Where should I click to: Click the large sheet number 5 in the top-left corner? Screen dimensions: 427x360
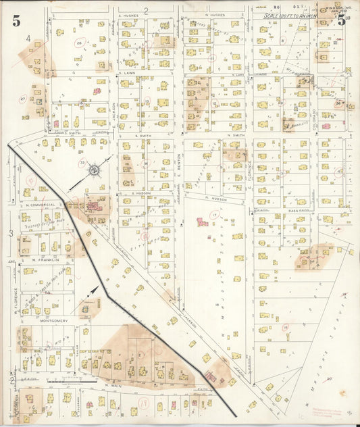pos(16,20)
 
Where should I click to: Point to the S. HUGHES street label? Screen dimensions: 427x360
pos(128,14)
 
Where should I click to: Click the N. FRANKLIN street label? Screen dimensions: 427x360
pos(45,259)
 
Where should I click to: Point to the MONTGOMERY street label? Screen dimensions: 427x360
pos(55,321)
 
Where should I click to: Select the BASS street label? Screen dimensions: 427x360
pos(292,211)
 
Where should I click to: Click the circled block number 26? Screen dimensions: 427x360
pos(79,43)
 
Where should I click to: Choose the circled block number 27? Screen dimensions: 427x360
pos(22,99)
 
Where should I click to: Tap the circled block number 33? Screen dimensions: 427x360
pos(82,163)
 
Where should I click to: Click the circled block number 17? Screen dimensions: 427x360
pos(214,215)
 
